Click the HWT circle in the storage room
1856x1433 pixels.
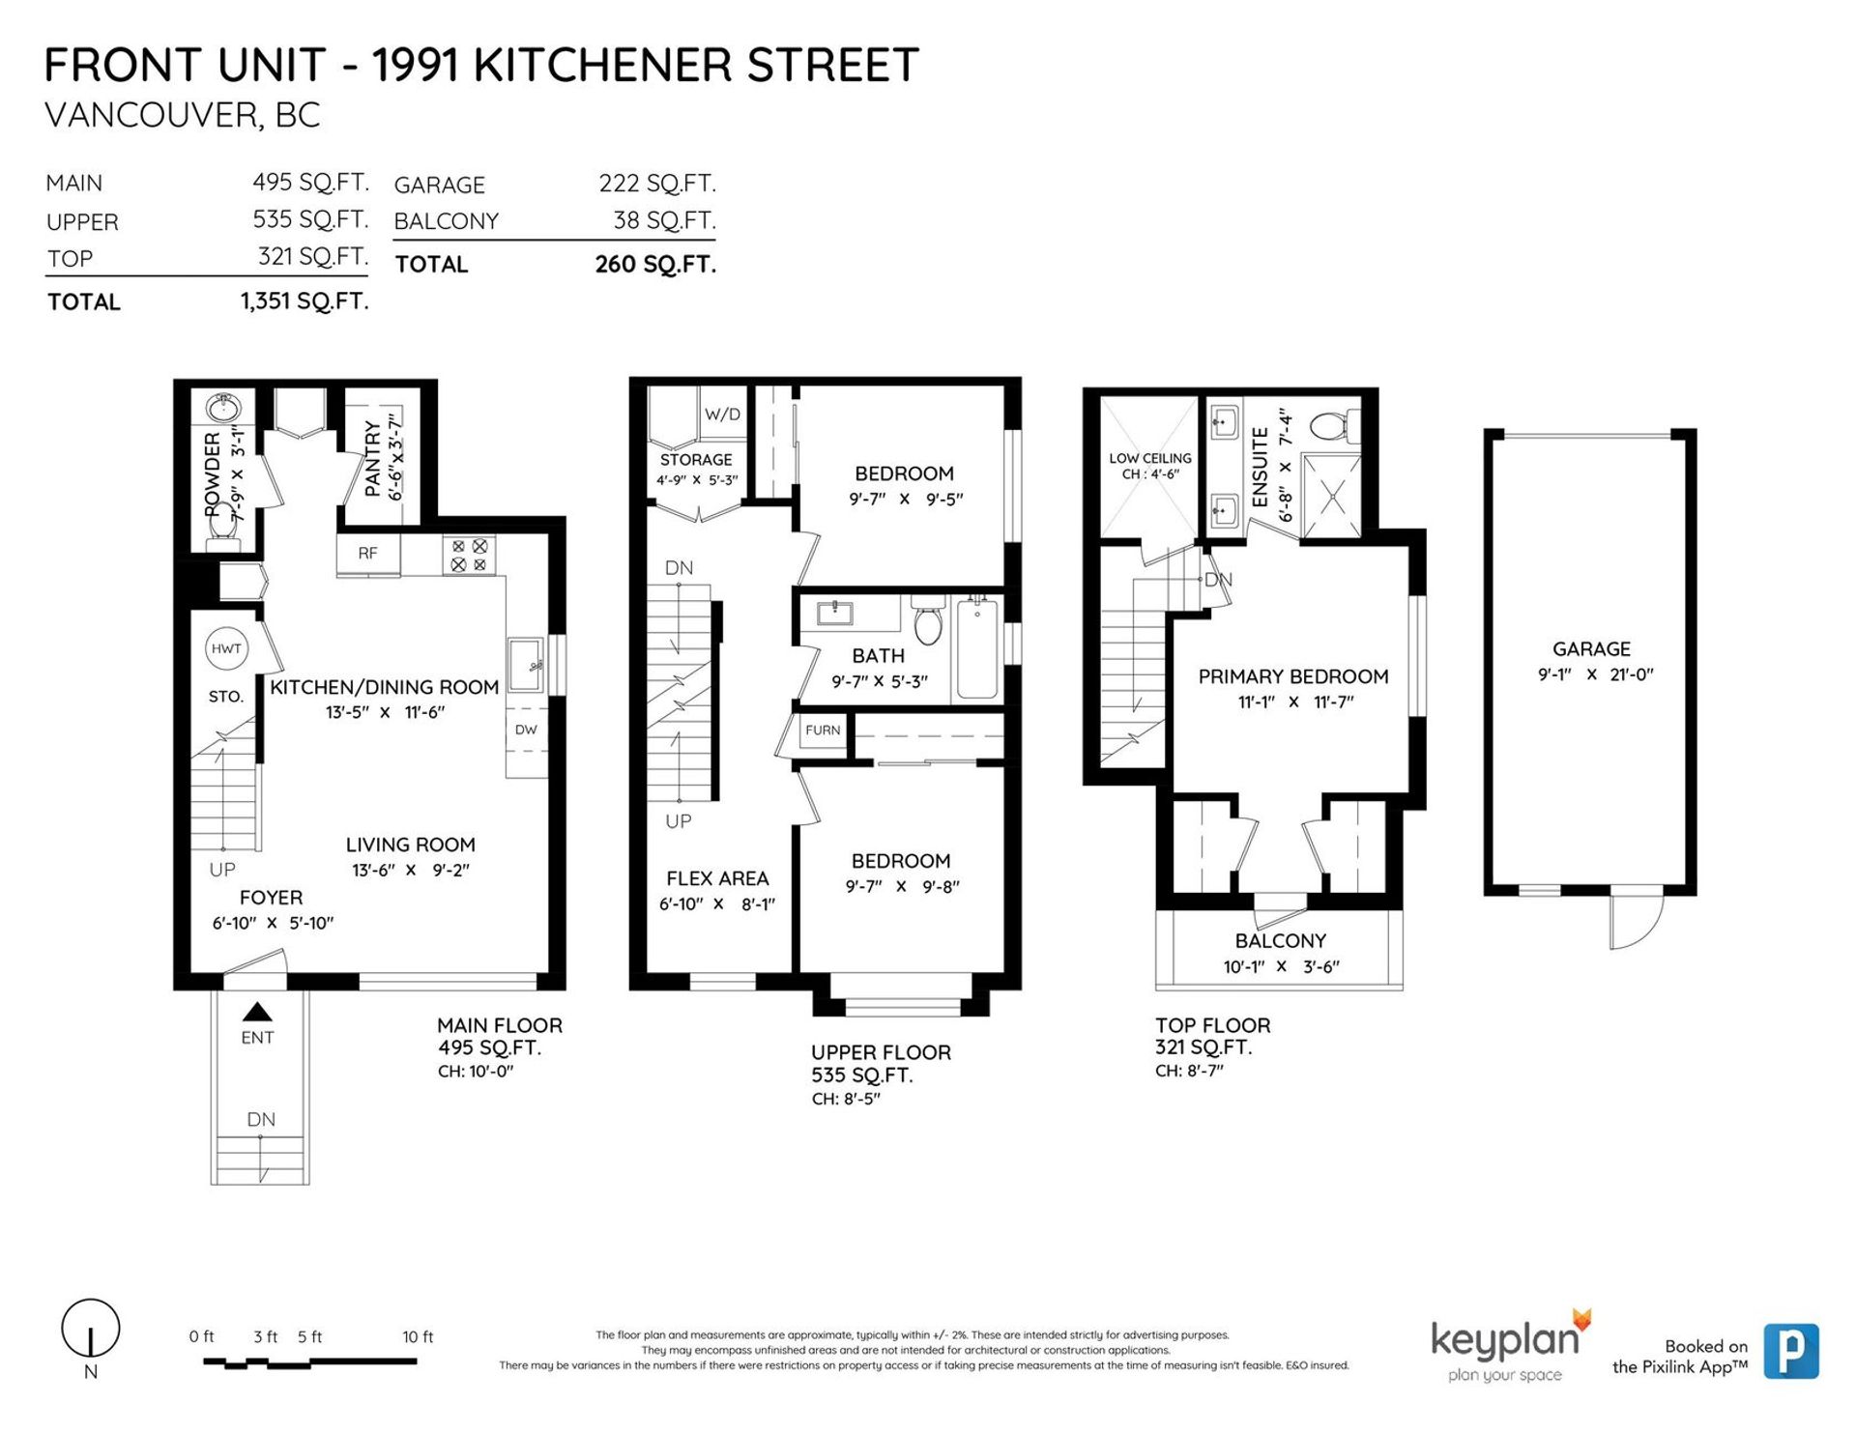tap(226, 648)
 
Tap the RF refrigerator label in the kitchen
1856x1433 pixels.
tap(367, 554)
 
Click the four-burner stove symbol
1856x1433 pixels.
tap(469, 556)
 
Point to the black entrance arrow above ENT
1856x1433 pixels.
tap(257, 1012)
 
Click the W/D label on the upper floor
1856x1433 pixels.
tap(722, 415)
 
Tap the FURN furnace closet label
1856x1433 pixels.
tap(823, 731)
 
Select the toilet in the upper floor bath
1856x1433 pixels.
tap(928, 619)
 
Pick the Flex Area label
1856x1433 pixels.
tap(717, 878)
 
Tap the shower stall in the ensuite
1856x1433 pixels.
tap(1331, 497)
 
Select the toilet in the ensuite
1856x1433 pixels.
tap(1335, 424)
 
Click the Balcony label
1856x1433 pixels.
tap(1280, 940)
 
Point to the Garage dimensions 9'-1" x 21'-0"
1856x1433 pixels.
tap(1596, 674)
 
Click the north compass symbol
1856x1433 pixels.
tap(91, 1329)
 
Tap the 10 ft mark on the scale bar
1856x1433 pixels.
tap(418, 1337)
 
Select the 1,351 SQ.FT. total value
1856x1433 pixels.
tap(304, 301)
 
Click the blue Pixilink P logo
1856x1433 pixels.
tap(1791, 1350)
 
